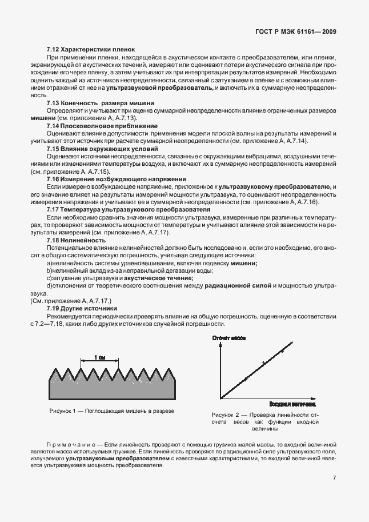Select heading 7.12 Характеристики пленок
pyautogui.click(x=90, y=50)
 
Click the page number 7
pyautogui.click(x=334, y=477)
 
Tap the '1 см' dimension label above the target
pyautogui.click(x=101, y=358)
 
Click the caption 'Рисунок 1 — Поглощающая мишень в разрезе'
pyautogui.click(x=112, y=411)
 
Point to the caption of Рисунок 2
pyautogui.click(x=264, y=421)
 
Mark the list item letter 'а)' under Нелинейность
pyautogui.click(x=50, y=263)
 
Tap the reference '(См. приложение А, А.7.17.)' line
pyautogui.click(x=70, y=301)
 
